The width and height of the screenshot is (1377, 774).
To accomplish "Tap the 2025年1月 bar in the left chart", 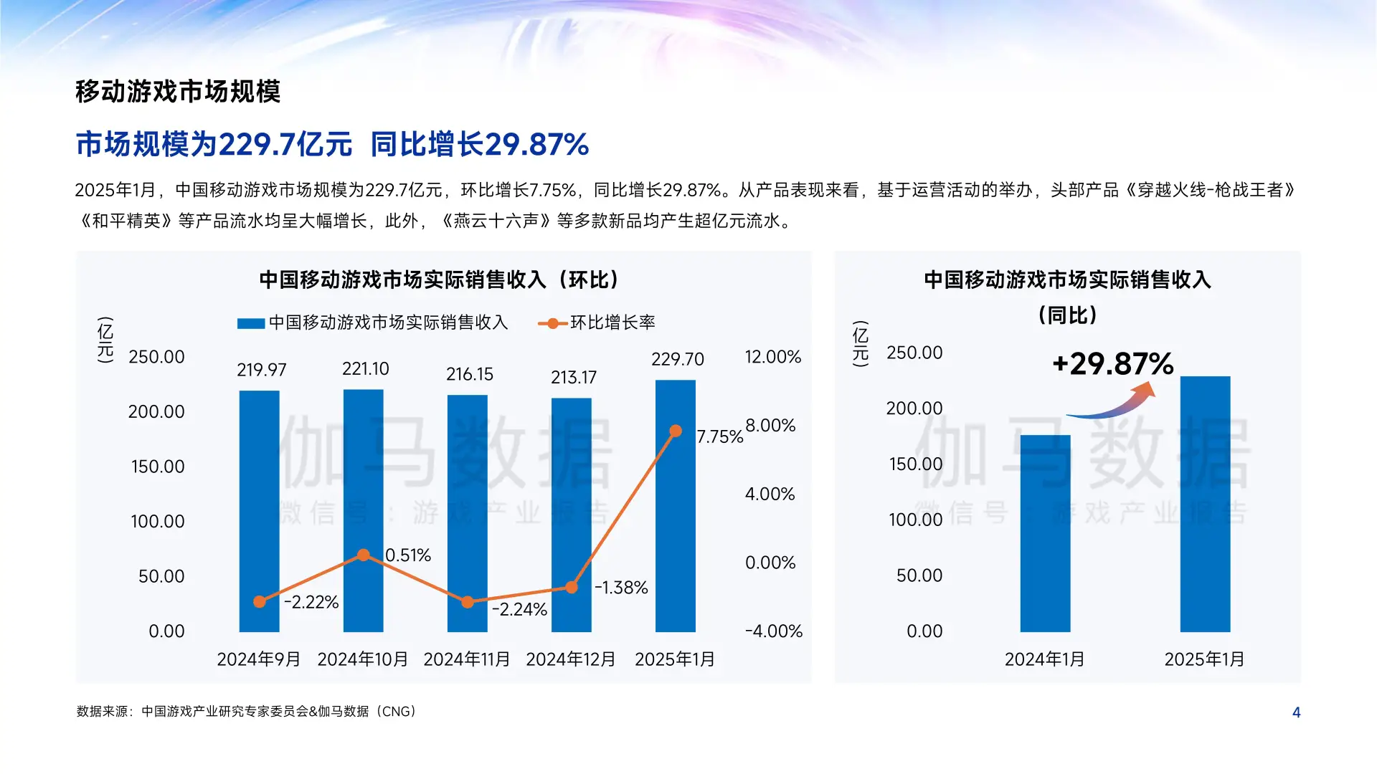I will coord(675,516).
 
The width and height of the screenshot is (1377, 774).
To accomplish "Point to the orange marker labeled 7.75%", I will coord(675,431).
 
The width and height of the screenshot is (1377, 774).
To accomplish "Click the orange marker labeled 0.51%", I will coord(364,555).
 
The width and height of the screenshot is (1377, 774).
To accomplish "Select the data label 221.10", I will coord(365,369).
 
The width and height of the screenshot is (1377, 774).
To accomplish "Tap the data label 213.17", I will coord(573,378).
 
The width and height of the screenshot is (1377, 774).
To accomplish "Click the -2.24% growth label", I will coord(519,610).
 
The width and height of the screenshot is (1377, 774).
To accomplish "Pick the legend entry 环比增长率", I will coord(612,323).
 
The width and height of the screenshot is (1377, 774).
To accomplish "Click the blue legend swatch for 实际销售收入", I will coord(251,324).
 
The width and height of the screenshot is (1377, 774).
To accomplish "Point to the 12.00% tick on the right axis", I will coord(772,357).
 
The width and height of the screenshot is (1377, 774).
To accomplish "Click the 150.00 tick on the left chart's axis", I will coord(157,467).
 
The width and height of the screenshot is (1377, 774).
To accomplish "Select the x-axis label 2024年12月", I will coord(570,659).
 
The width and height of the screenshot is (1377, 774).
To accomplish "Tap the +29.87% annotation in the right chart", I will coord(1112,364).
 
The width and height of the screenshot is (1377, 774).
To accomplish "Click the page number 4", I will coord(1296,712).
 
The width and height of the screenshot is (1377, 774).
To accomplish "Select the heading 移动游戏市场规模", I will coord(177,92).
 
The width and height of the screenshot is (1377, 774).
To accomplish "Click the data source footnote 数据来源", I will coord(246,712).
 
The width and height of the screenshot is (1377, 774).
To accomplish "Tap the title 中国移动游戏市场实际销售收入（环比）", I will coord(438,279).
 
